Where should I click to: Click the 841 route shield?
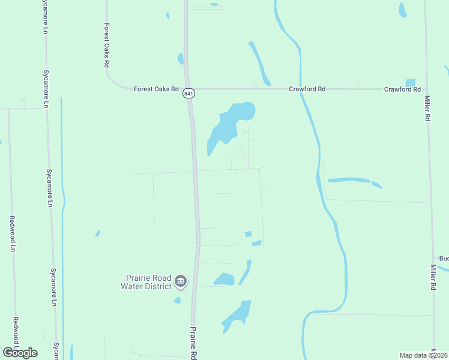pyautogui.click(x=189, y=94)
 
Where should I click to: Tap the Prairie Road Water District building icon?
pyautogui.click(x=180, y=281)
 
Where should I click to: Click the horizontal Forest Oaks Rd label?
pyautogui.click(x=156, y=89)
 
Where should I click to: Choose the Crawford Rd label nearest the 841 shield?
pyautogui.click(x=307, y=89)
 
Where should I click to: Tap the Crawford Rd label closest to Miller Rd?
pyautogui.click(x=402, y=89)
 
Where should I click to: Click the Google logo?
pyautogui.click(x=20, y=353)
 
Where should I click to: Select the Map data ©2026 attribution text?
pyautogui.click(x=424, y=355)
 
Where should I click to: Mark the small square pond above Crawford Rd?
pyautogui.click(x=411, y=82)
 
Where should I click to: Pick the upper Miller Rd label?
pyautogui.click(x=427, y=109)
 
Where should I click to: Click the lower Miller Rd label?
pyautogui.click(x=432, y=278)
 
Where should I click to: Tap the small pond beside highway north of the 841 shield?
pyautogui.click(x=179, y=58)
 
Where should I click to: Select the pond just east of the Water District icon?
pyautogui.click(x=224, y=279)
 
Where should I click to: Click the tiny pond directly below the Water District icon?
pyautogui.click(x=177, y=300)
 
